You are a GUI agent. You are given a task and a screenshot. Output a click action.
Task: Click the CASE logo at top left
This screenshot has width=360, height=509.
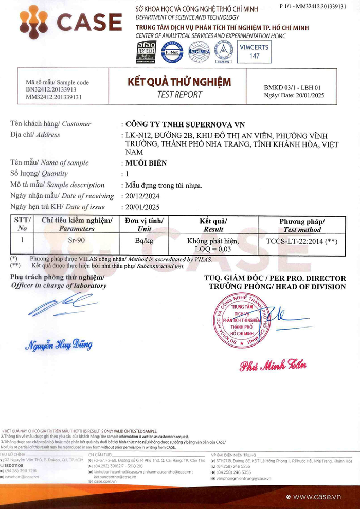point(70,23)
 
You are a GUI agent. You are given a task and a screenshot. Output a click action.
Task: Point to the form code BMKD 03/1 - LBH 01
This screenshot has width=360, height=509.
point(292,88)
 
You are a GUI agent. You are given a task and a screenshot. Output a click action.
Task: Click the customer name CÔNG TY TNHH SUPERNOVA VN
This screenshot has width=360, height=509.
point(186,124)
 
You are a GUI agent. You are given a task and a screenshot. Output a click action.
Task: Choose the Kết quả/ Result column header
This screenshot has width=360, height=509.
point(213,225)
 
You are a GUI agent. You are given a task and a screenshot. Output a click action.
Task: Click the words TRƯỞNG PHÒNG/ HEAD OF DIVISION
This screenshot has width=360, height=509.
point(277,286)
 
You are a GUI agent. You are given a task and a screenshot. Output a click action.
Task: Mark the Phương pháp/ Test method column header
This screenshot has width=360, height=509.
point(302,225)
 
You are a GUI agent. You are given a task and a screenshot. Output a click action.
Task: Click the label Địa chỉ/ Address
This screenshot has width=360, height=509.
point(35,135)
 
